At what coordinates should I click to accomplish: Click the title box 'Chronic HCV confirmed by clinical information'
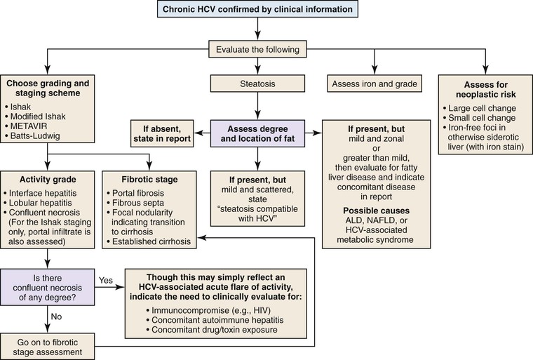259,10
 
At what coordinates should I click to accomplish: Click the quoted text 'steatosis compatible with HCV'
258,222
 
